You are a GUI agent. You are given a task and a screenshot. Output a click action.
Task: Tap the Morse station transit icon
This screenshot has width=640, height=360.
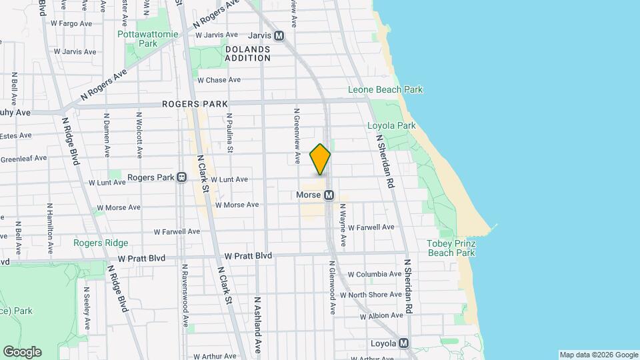click(x=329, y=195)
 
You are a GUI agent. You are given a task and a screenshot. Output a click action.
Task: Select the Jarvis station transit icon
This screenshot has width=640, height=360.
click(x=279, y=35)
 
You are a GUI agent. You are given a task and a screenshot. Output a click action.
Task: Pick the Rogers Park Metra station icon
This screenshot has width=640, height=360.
click(x=181, y=178)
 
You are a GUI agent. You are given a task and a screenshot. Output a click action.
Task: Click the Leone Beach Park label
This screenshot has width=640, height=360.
click(x=385, y=89)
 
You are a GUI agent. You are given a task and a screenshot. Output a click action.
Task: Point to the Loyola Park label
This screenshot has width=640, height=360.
click(x=391, y=125)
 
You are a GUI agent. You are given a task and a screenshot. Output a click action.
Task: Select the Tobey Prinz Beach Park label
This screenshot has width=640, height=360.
click(x=451, y=248)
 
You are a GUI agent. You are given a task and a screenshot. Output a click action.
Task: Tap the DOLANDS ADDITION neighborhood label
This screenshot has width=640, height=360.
click(x=247, y=53)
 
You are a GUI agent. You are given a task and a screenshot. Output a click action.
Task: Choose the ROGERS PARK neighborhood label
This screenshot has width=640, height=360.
click(x=195, y=104)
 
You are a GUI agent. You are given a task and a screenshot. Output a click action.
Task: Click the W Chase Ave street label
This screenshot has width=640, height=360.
click(x=219, y=80)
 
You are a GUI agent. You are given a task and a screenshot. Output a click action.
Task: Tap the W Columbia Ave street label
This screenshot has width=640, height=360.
click(x=374, y=274)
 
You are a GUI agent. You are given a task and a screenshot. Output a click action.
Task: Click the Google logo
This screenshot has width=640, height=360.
click(x=22, y=351)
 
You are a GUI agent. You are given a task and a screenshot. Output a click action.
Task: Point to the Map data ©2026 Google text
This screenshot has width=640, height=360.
click(x=599, y=355)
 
